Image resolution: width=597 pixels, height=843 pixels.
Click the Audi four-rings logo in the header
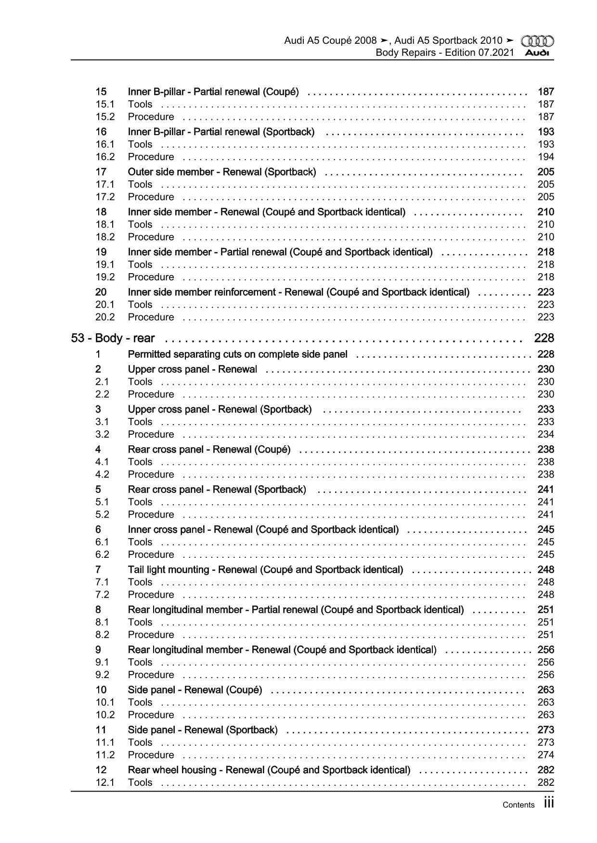pyautogui.click(x=537, y=41)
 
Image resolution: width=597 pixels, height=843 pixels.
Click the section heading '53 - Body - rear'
pyautogui.click(x=113, y=338)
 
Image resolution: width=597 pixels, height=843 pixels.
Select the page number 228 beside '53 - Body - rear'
pyautogui.click(x=544, y=338)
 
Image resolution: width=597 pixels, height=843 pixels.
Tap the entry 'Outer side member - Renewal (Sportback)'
pyautogui.click(x=222, y=172)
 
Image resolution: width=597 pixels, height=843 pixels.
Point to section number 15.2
pyautogui.click(x=105, y=117)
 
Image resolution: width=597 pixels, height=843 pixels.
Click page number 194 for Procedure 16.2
pyautogui.click(x=546, y=157)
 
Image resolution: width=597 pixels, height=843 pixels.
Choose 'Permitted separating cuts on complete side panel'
pyautogui.click(x=237, y=354)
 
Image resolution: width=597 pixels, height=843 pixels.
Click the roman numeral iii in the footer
pyautogui.click(x=549, y=803)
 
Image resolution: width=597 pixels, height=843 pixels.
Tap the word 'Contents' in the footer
pyautogui.click(x=518, y=805)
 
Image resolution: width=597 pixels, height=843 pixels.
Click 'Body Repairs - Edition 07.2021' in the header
pyautogui.click(x=444, y=52)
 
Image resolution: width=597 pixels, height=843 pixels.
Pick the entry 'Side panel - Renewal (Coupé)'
pyautogui.click(x=195, y=690)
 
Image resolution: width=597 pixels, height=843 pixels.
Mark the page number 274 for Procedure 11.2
pyautogui.click(x=546, y=755)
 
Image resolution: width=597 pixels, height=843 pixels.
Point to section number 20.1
pyautogui.click(x=105, y=304)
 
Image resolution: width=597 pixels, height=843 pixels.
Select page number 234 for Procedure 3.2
pyautogui.click(x=546, y=434)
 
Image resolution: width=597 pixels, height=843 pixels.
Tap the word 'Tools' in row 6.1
pyautogui.click(x=140, y=542)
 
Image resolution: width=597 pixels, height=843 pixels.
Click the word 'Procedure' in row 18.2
pyautogui.click(x=151, y=237)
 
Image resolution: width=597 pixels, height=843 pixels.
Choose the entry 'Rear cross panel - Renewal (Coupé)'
pyautogui.click(x=209, y=450)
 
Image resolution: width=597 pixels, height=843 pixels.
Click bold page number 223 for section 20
pyautogui.click(x=546, y=292)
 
